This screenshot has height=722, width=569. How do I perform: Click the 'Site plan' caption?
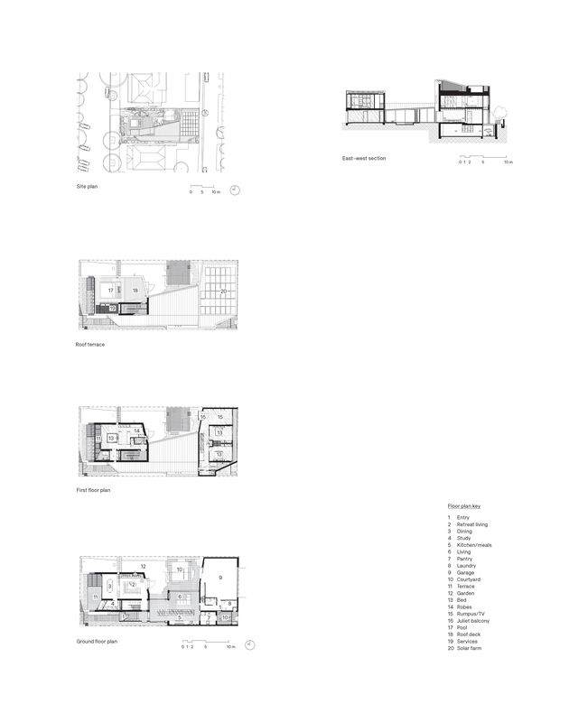[x=87, y=186]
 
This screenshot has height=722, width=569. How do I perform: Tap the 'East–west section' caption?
[x=363, y=158]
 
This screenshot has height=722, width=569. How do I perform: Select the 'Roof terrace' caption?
[x=89, y=344]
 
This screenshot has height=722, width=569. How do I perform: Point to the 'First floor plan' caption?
[x=94, y=490]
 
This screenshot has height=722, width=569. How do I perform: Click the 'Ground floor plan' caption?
[x=97, y=641]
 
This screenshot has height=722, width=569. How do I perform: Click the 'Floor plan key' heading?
[x=463, y=507]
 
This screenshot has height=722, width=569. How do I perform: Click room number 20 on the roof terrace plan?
[x=223, y=292]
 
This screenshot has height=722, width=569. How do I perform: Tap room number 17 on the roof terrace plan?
[x=110, y=291]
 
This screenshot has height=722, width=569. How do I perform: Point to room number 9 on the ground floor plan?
[x=219, y=576]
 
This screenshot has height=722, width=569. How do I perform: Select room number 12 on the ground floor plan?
[x=143, y=567]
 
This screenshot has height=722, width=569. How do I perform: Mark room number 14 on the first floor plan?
[x=137, y=432]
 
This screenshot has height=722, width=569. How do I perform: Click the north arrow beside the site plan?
[x=234, y=190]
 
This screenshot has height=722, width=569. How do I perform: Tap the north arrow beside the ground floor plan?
[x=249, y=644]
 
